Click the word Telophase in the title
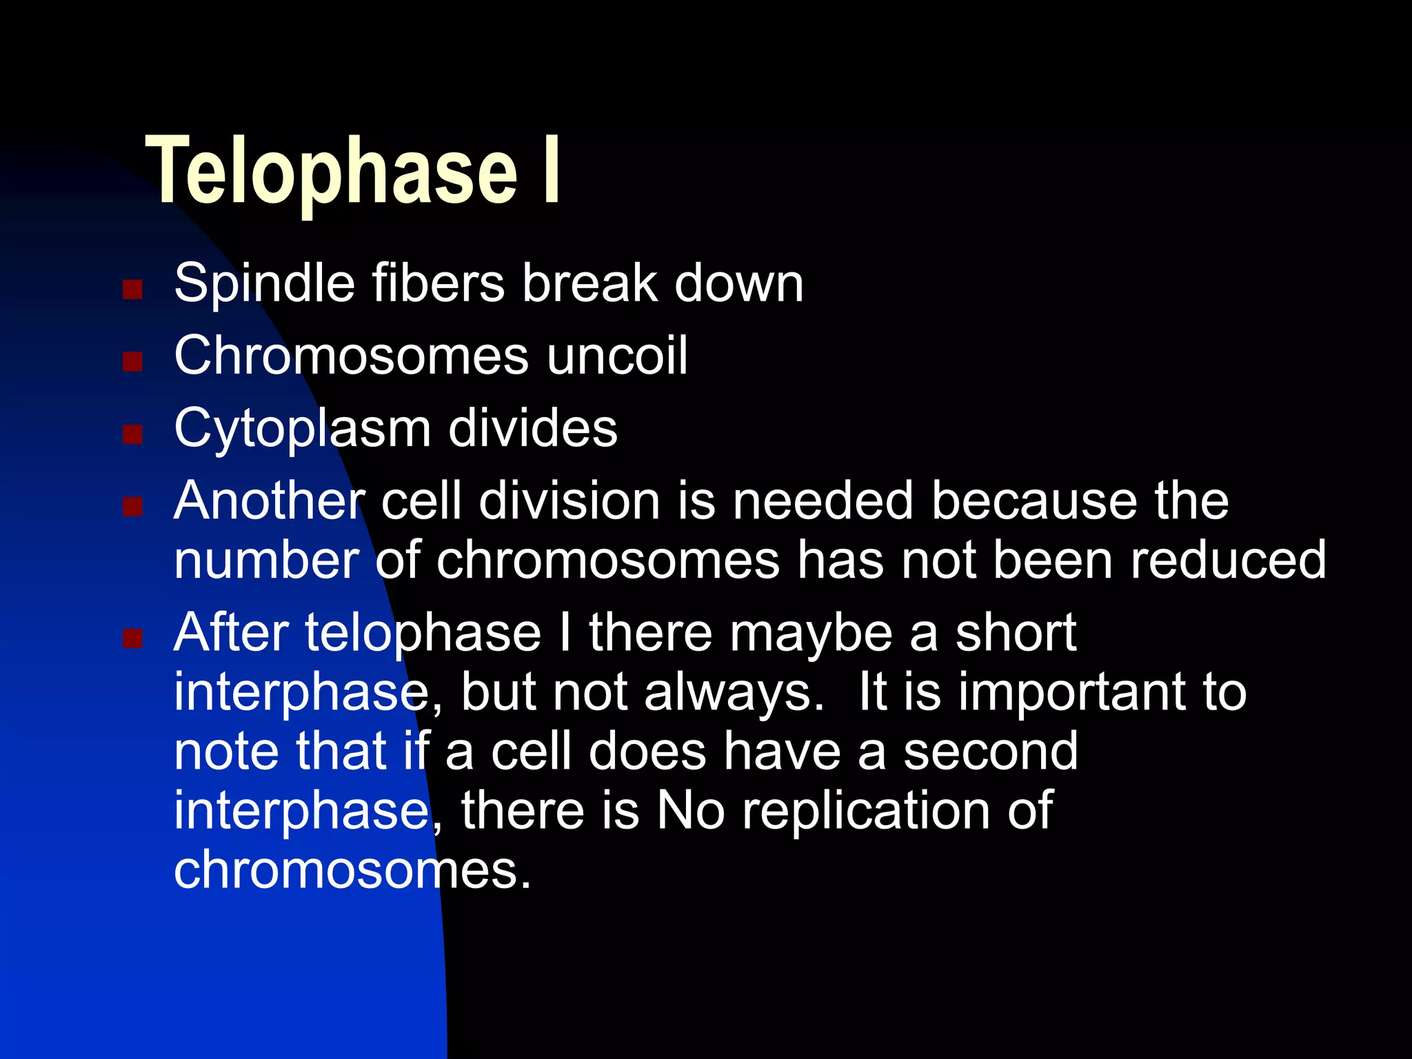pos(331,171)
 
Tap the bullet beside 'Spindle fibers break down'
pos(132,289)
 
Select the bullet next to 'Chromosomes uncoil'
pos(132,361)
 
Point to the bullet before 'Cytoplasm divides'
pos(132,434)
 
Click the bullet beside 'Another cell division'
pos(132,507)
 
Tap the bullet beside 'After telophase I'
pos(132,638)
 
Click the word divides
pos(532,428)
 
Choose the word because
pos(1034,501)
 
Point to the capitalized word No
pos(690,811)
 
